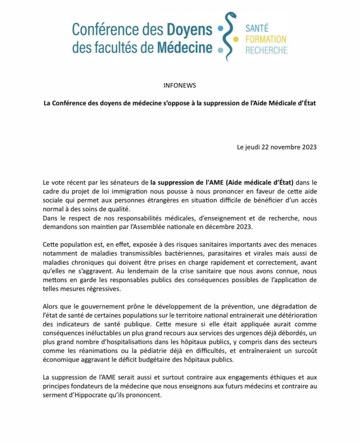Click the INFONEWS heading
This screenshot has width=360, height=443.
click(x=180, y=85)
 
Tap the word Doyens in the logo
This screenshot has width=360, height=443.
click(x=189, y=30)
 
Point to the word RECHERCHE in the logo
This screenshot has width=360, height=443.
click(x=266, y=50)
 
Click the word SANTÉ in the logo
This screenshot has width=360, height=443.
click(x=257, y=29)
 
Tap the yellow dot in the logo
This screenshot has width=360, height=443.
click(x=236, y=39)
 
